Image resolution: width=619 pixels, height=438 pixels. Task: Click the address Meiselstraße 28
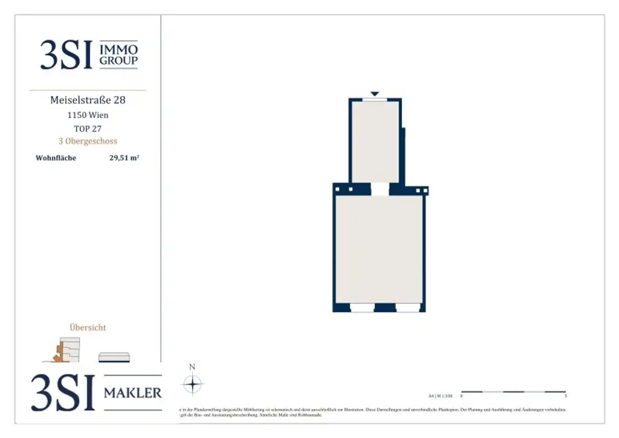(88, 100)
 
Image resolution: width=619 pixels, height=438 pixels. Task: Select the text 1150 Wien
(88, 115)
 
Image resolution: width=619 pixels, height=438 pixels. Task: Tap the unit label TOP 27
(88, 128)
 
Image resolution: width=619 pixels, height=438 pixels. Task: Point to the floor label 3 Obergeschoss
(88, 142)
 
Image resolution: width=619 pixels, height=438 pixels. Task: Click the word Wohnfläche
(56, 159)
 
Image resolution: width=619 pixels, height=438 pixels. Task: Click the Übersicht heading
(88, 327)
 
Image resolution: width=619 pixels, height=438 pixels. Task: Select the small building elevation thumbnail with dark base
(114, 357)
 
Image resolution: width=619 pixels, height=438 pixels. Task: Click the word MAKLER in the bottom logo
(133, 393)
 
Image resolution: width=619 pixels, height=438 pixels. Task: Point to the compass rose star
(192, 384)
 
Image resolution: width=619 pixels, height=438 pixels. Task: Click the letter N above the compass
(192, 367)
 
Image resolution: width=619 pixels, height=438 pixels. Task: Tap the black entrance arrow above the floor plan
(375, 94)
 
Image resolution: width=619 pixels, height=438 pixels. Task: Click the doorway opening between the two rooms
(380, 189)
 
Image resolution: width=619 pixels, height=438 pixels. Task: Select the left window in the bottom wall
(362, 308)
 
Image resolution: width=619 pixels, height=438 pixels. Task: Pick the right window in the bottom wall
(408, 308)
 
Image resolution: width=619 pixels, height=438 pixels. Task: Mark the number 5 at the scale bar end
(566, 396)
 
